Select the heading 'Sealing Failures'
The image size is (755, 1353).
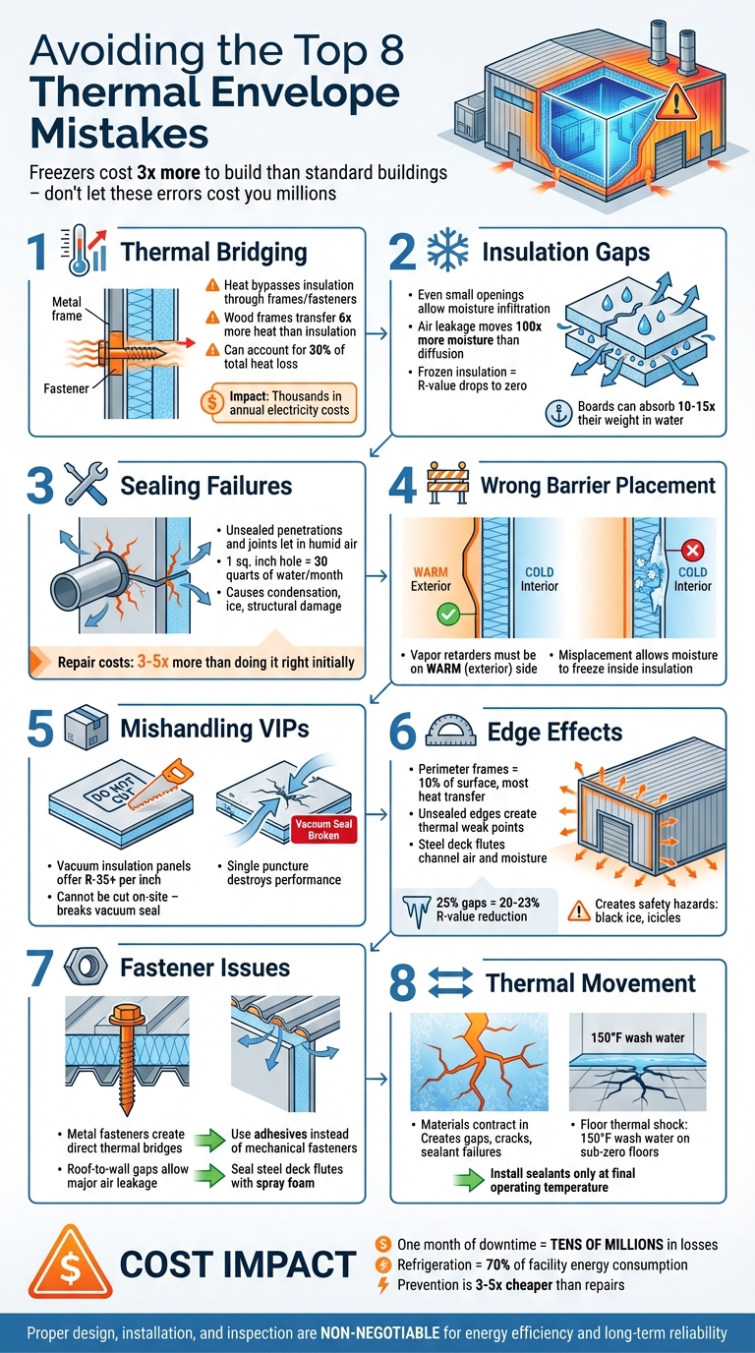click(x=205, y=485)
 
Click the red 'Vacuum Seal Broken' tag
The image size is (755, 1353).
click(x=323, y=829)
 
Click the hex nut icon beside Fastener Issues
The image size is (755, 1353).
click(x=84, y=968)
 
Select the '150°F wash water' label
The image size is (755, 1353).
click(x=627, y=1037)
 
